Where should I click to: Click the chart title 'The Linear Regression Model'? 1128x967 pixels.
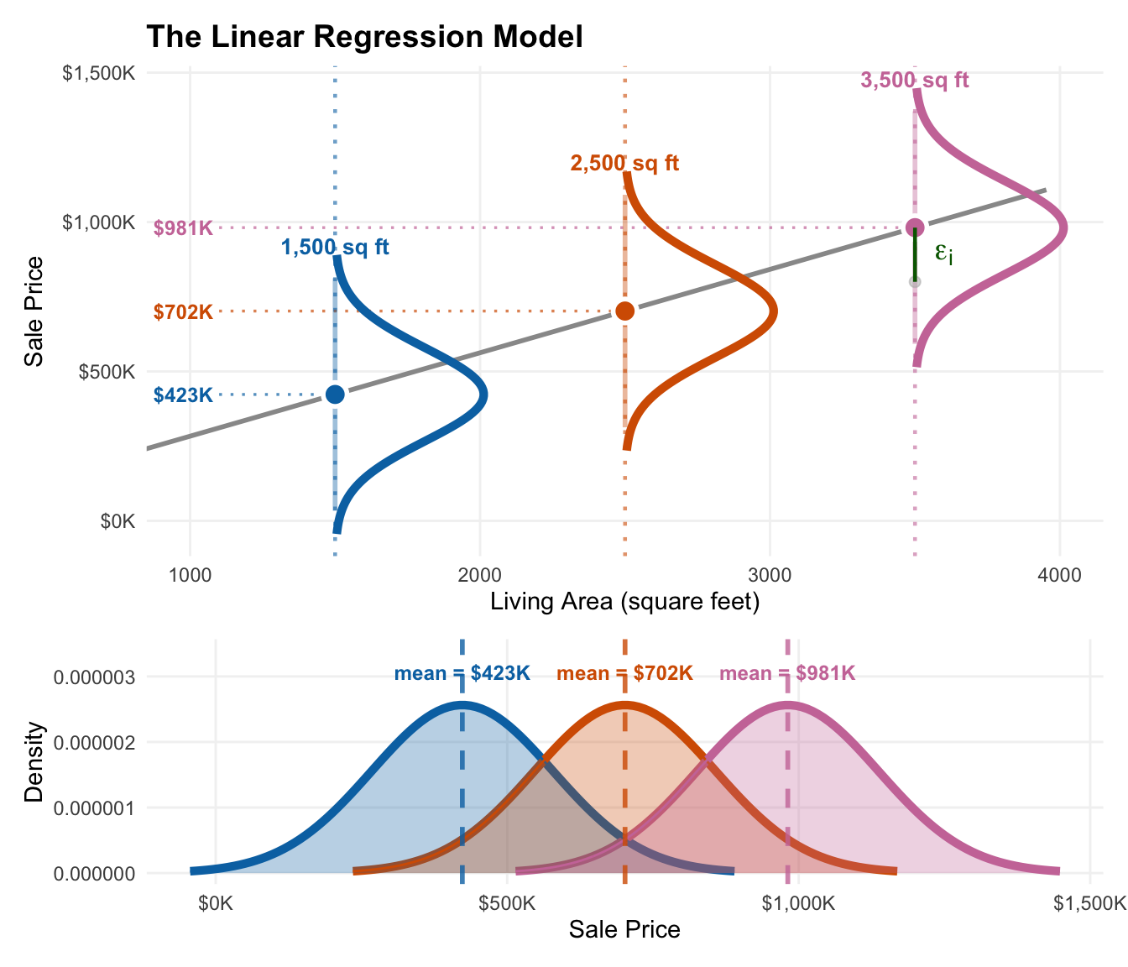pos(364,37)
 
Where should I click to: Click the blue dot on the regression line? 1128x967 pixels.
pos(335,394)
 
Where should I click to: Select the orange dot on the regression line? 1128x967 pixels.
pos(625,311)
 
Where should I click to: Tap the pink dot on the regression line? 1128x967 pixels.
pos(915,227)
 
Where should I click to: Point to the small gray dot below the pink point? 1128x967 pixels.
pos(915,282)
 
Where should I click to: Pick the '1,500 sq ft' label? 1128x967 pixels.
pos(335,248)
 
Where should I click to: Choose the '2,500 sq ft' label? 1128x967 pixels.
pos(624,164)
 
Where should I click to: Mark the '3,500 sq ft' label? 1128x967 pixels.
pos(915,81)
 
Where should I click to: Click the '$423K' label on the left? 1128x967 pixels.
pos(183,395)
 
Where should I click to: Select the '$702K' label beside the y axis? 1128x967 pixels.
pos(183,312)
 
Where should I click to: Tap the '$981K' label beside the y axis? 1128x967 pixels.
pos(183,228)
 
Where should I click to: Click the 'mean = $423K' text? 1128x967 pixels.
pos(462,673)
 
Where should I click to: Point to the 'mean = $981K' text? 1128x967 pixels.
pos(787,673)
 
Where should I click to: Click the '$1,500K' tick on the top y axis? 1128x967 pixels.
pos(99,74)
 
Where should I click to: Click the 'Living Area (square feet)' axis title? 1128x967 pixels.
pos(624,602)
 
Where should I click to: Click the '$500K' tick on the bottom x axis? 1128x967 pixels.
pos(507,904)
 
